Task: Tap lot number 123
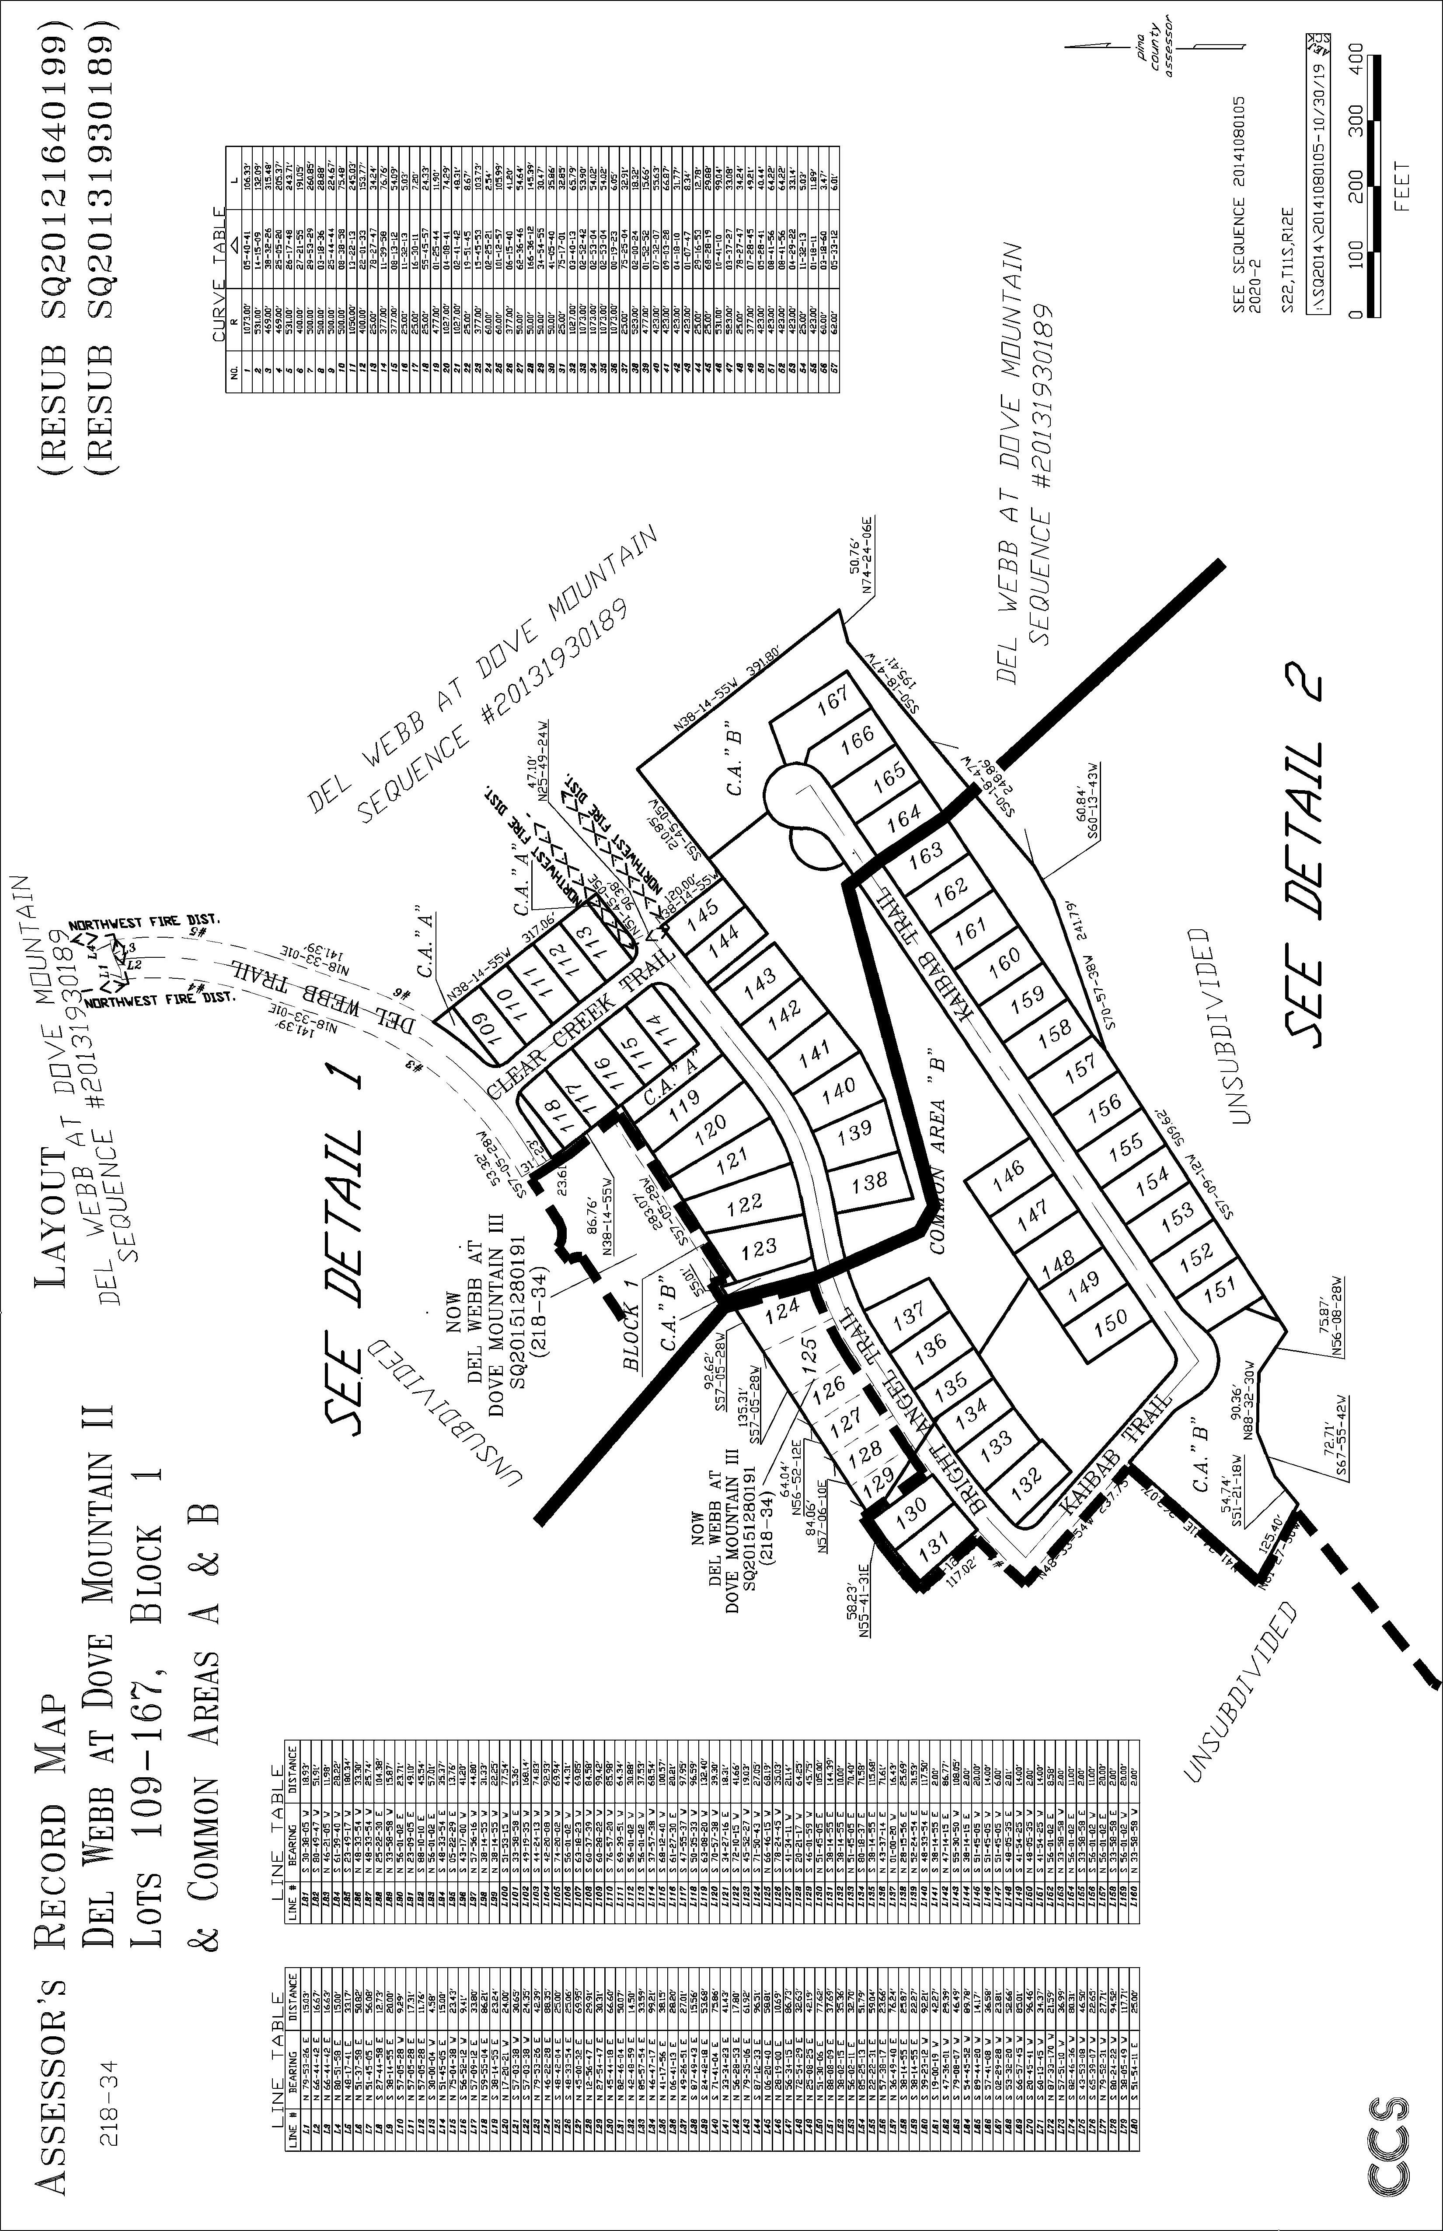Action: click(758, 1247)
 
